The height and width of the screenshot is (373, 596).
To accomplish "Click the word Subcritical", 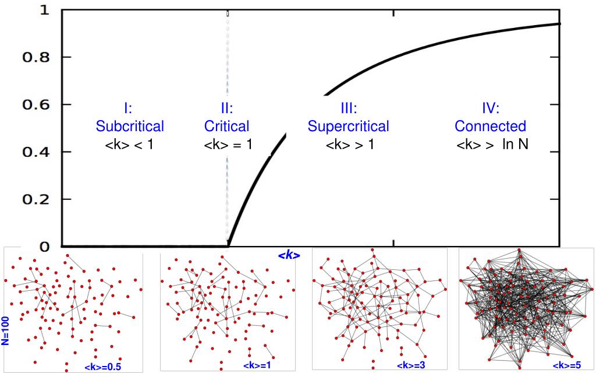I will point(130,126).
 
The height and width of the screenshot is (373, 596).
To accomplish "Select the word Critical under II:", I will point(227,126).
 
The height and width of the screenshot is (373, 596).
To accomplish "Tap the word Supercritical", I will point(348,126).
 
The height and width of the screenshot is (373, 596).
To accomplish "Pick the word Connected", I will point(490,126).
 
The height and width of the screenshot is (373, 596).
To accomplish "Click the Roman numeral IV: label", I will point(491,108).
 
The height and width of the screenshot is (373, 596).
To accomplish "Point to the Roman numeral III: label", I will point(349,108).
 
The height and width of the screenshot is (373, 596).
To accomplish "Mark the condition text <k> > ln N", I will point(492,144).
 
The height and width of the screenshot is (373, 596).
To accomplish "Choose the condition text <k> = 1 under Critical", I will point(228,144).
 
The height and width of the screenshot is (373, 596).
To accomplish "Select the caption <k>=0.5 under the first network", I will point(103,367).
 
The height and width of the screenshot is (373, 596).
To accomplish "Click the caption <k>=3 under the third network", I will point(410,365).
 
